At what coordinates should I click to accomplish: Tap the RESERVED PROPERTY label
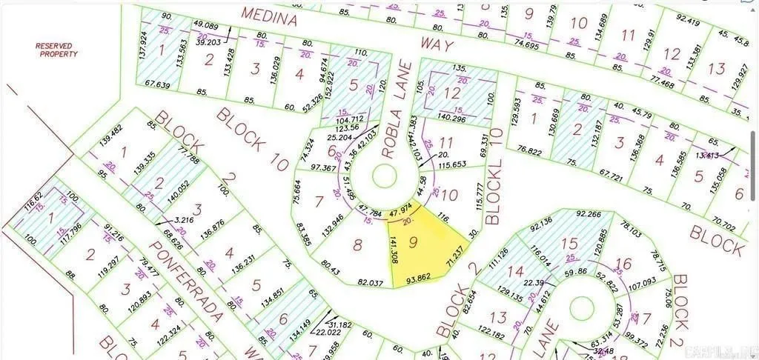56,50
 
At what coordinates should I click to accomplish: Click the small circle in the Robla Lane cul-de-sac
384,176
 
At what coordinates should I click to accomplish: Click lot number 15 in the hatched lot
569,243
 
